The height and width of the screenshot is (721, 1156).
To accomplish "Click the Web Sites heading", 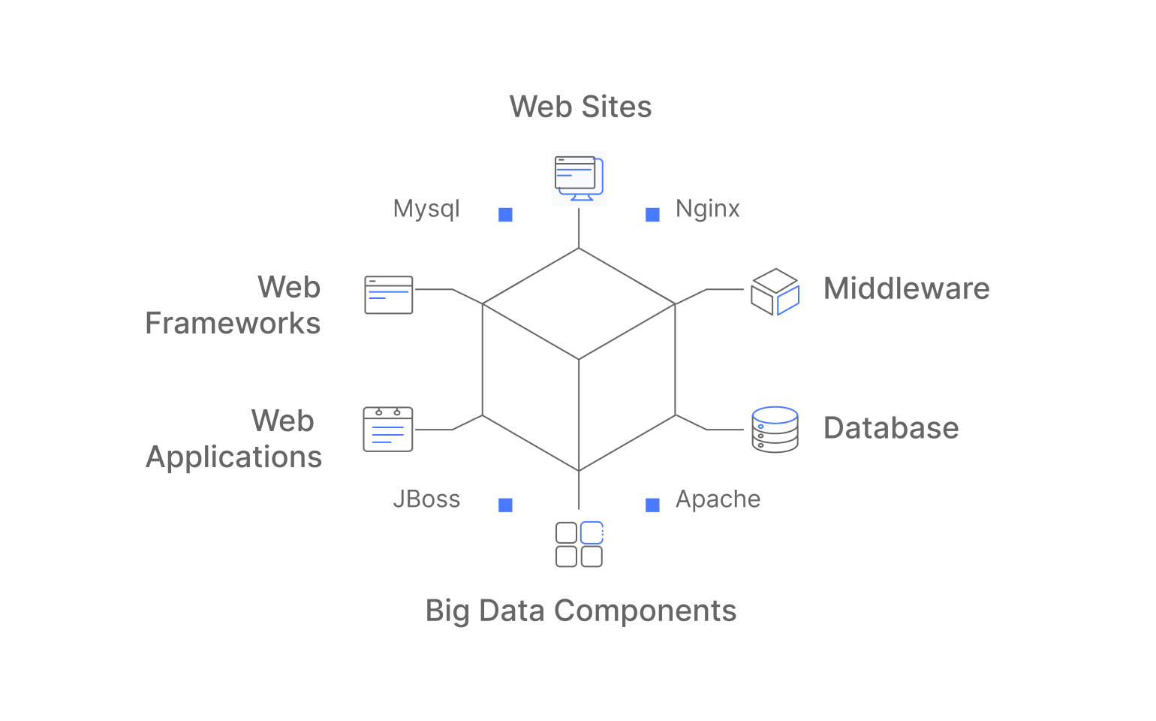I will [x=580, y=107].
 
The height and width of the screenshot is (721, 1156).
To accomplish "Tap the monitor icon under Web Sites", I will [x=579, y=178].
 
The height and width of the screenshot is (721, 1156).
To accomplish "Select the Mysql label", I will [x=426, y=209].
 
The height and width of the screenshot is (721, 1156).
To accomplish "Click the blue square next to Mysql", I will [x=506, y=215].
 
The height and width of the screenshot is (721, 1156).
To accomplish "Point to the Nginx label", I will [x=707, y=209].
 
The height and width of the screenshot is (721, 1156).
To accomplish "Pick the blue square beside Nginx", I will [x=653, y=215].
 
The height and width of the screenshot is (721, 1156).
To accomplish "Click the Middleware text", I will [x=906, y=288].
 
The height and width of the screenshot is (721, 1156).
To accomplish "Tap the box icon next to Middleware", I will [x=775, y=292].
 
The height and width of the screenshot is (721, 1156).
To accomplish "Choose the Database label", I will [x=891, y=428].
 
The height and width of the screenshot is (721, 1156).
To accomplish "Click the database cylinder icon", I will [x=775, y=430].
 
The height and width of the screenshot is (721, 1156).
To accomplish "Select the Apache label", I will [x=718, y=499].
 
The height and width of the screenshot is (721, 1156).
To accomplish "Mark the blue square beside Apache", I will [x=653, y=505].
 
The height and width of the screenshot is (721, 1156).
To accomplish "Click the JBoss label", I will [x=426, y=499].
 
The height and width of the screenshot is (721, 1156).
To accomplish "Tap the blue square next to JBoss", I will [x=506, y=505].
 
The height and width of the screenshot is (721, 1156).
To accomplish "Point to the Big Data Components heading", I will [x=580, y=611].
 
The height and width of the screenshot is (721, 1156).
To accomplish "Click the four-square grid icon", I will [x=579, y=545].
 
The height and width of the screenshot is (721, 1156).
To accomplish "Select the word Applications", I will [x=233, y=457].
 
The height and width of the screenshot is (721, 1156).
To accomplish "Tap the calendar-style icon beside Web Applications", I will [x=388, y=430].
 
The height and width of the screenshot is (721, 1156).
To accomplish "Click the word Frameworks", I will [x=233, y=323].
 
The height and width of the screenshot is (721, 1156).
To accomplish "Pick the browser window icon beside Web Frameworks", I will [x=388, y=294].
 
